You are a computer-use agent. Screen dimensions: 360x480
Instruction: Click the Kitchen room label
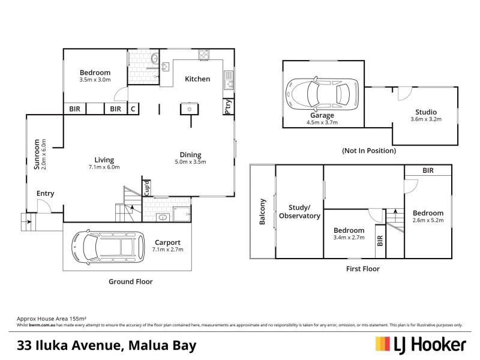197,79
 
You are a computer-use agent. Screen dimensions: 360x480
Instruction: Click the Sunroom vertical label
37,155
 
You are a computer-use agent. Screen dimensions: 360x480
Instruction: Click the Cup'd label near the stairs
146,188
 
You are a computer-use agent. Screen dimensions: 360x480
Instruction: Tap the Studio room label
425,112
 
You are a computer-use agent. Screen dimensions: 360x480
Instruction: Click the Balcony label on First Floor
262,212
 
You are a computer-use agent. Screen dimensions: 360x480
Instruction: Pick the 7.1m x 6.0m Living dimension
104,167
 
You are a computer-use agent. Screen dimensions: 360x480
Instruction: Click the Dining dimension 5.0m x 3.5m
190,161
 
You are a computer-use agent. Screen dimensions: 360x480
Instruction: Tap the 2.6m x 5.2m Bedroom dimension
428,220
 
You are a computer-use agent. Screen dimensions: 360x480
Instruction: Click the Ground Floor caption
130,281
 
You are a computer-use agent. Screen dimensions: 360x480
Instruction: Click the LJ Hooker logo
421,344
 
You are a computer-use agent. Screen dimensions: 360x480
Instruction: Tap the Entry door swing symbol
44,206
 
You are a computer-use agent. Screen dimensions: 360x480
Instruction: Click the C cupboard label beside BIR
133,109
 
